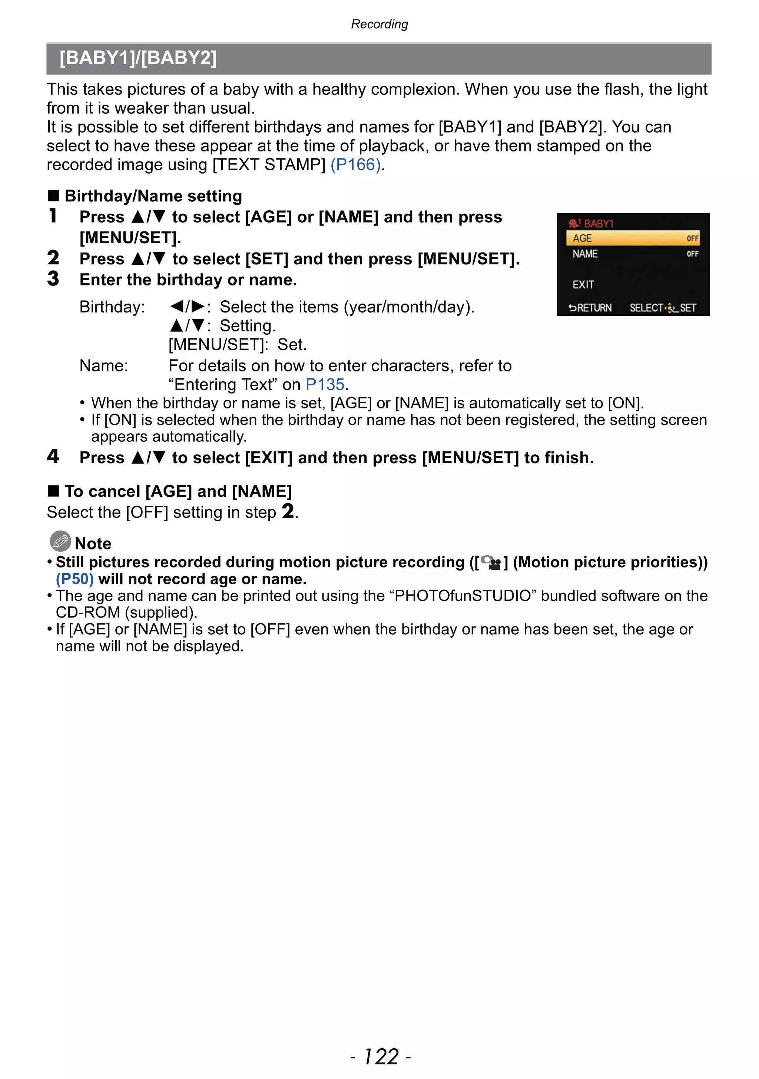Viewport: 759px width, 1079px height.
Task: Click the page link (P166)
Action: [355, 165]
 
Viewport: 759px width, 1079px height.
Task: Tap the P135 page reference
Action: [325, 384]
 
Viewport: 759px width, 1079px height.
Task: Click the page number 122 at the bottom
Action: [381, 1056]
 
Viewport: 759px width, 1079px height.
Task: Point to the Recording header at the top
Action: [379, 24]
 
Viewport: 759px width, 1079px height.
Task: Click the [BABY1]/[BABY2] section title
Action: [138, 58]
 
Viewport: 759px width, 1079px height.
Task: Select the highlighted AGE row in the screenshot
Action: [633, 238]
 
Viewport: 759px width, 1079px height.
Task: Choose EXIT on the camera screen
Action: [583, 285]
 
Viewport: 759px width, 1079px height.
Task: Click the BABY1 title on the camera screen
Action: [598, 223]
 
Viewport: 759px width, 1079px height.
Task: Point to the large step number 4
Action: [53, 456]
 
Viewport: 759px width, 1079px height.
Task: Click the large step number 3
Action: [53, 279]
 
